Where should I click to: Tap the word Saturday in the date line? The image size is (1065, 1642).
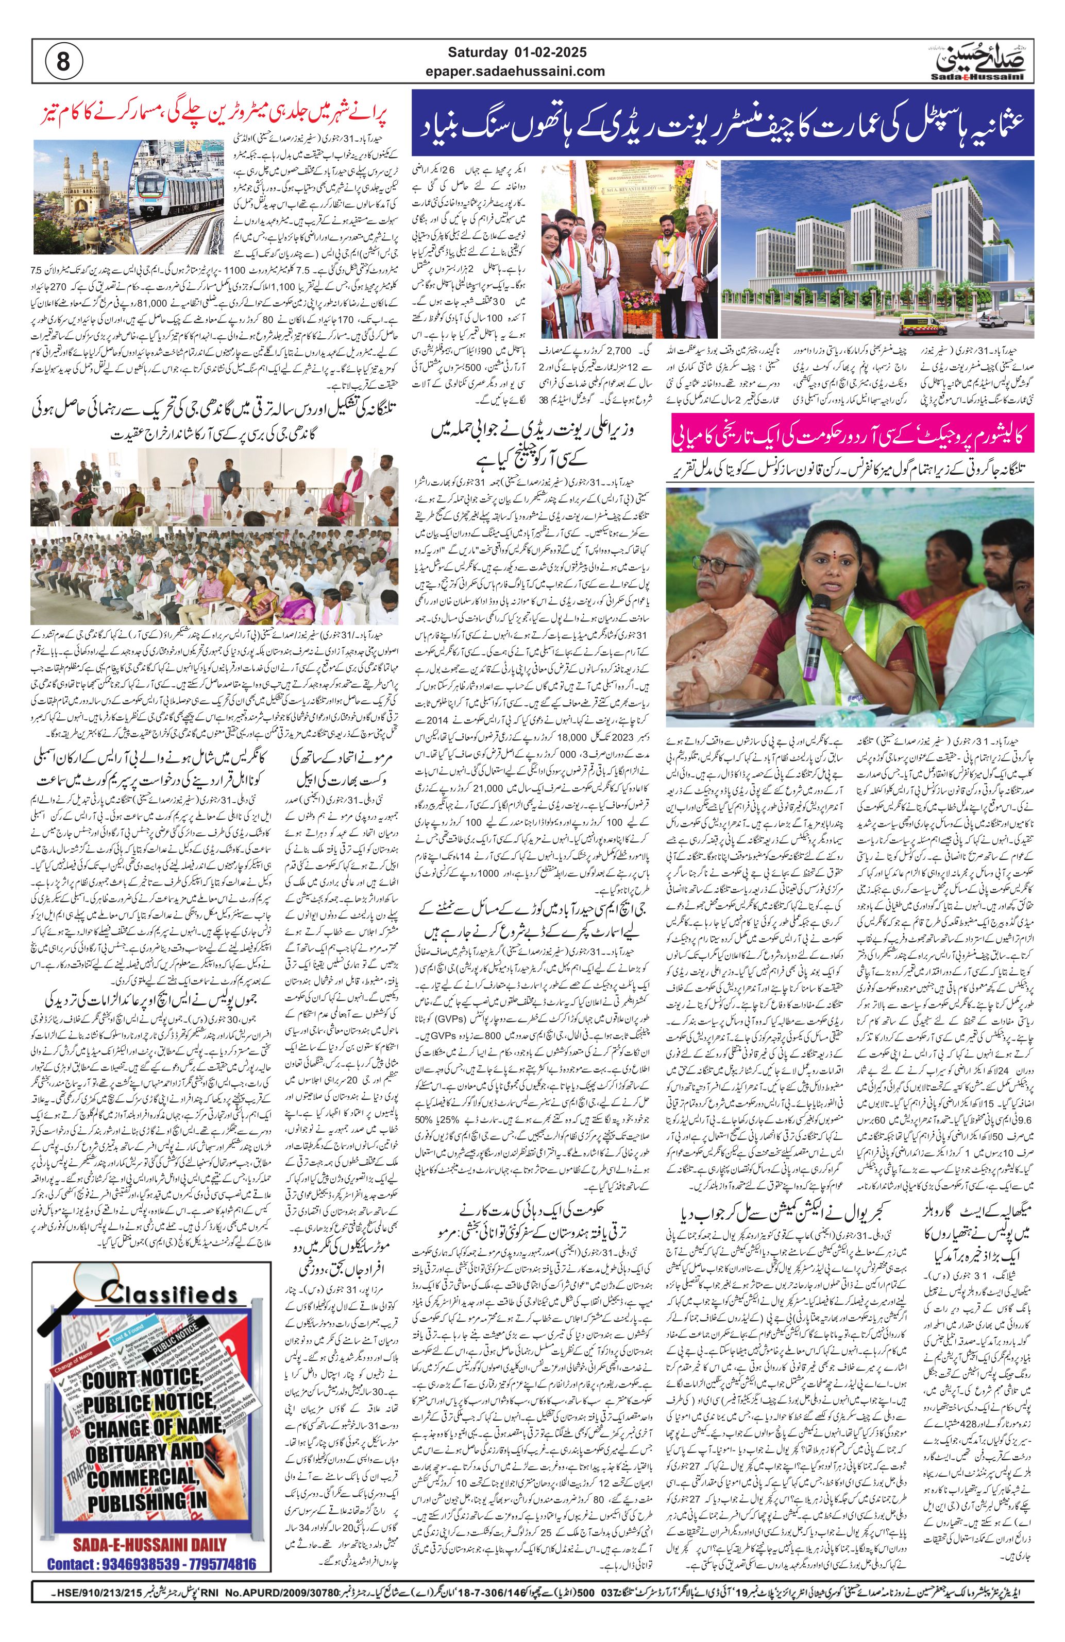(476, 51)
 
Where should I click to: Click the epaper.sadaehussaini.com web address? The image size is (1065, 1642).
(526, 71)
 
